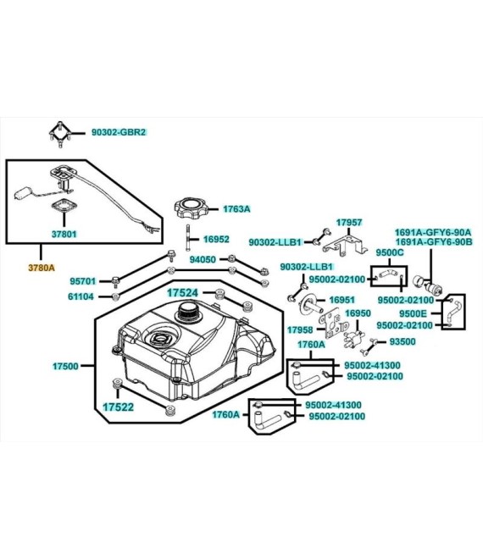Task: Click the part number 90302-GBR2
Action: coord(119,132)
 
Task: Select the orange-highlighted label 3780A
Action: coord(42,268)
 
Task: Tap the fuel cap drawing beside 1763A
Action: coord(192,208)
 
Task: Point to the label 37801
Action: coord(64,235)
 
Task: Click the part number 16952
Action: coord(216,239)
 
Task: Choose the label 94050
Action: coord(203,259)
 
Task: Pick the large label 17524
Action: coord(182,293)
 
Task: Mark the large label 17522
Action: coord(118,407)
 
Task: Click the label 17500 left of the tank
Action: coord(65,366)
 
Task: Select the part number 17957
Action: coord(349,223)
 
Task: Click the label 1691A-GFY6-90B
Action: coord(433,241)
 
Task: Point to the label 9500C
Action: coord(390,252)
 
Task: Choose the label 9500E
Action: coord(413,313)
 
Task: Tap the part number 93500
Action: coord(402,341)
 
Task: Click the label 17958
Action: coord(300,330)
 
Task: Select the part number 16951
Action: coord(342,300)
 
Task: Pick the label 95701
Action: coord(83,281)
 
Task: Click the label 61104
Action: coord(81,296)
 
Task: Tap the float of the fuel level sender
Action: coord(23,194)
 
